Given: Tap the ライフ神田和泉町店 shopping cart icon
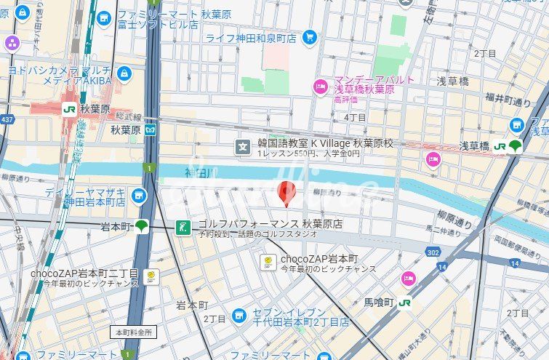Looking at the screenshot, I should click(x=310, y=37).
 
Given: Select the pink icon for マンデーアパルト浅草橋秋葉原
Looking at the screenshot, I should click(x=320, y=87).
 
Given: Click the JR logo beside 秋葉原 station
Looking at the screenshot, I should click(x=69, y=109).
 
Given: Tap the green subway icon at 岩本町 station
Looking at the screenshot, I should click(x=141, y=226).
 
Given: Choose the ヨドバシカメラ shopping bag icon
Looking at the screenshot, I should click(x=124, y=74).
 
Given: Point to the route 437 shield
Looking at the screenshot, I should click(x=7, y=118).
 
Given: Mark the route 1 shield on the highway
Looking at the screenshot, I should click(x=150, y=169).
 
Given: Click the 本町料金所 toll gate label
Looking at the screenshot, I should click(x=133, y=332).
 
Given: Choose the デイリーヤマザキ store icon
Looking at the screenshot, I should click(x=138, y=195).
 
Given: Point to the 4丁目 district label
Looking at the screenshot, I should click(x=355, y=117).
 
